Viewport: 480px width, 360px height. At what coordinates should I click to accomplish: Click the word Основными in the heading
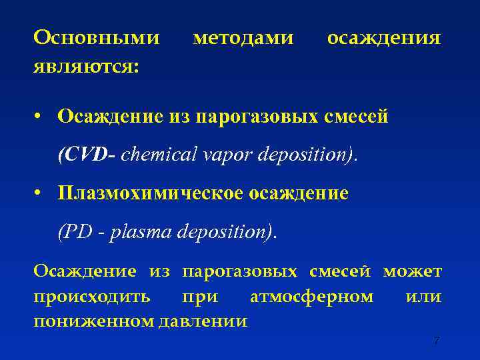(97, 38)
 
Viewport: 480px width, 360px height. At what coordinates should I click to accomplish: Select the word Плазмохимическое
(151, 193)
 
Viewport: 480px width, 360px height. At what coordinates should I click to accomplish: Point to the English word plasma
(139, 233)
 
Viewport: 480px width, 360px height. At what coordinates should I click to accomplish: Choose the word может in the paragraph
(412, 271)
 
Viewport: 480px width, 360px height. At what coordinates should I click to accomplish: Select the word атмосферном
(311, 296)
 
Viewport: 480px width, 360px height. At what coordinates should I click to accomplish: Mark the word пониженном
(93, 321)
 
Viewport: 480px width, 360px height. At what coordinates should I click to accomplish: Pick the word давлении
(203, 321)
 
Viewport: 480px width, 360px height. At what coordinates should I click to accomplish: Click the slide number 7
(436, 341)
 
